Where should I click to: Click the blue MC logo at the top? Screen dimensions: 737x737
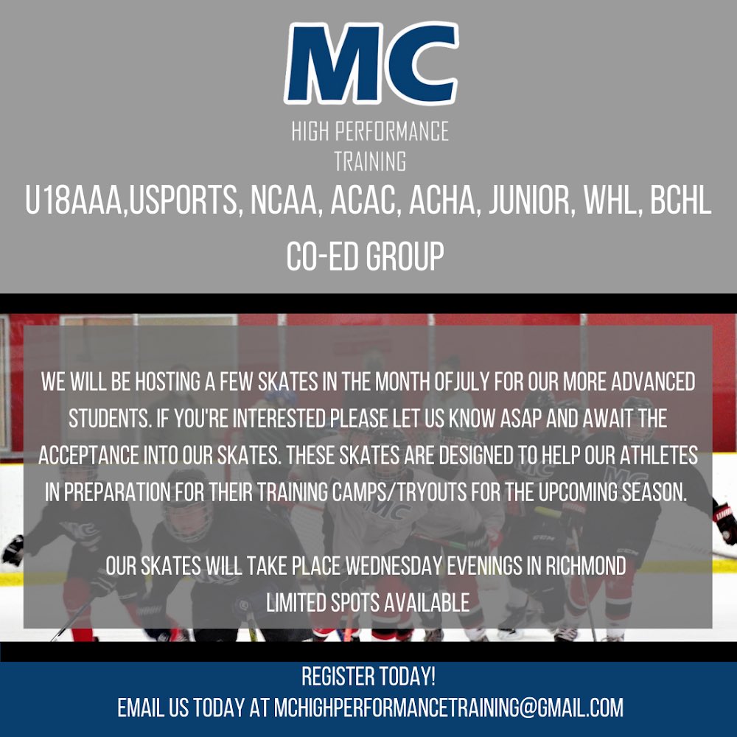coord(370,65)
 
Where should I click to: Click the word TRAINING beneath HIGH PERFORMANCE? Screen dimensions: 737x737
coord(370,161)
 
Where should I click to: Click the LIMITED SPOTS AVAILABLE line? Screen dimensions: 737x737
coord(368,602)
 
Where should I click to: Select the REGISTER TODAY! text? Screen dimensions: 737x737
coord(369,676)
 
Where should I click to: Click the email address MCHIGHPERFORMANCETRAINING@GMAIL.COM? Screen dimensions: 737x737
coord(448,708)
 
